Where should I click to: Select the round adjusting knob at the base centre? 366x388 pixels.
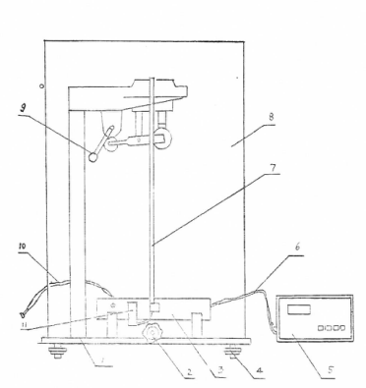pyautogui.click(x=155, y=337)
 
